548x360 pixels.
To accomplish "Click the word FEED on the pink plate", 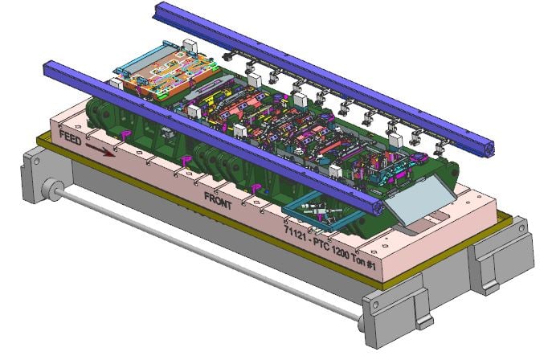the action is pos(70,137).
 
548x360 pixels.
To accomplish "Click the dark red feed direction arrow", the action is pos(100,149).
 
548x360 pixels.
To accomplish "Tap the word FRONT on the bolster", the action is pos(218,200).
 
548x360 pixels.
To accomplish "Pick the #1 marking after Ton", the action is pos(370,265).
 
